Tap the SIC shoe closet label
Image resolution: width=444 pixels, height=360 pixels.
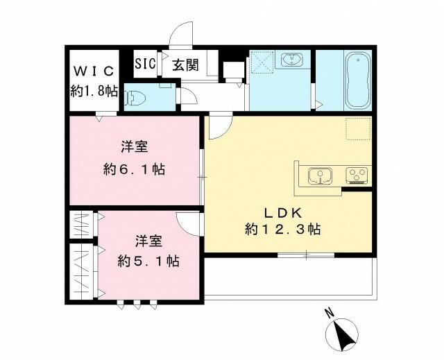[145, 64]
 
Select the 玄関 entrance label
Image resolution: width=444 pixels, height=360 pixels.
[185, 65]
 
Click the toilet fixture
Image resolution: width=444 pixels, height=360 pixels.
[136, 97]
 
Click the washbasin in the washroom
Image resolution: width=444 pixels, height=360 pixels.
[296, 60]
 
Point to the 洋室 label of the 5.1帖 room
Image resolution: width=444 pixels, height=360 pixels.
[148, 241]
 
